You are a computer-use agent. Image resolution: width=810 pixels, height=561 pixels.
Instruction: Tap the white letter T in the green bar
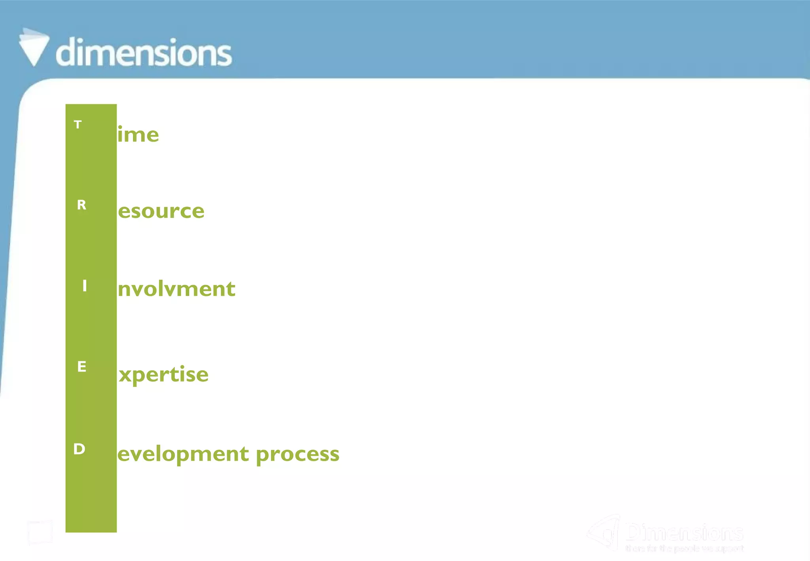[x=78, y=125]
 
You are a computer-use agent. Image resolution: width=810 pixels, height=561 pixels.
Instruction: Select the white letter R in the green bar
[x=81, y=205]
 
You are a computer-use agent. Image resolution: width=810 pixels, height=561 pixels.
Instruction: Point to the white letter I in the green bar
[x=84, y=285]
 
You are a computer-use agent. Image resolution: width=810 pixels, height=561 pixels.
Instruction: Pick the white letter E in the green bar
[x=81, y=367]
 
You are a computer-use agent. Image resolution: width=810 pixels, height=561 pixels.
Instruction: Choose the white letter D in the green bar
[x=79, y=449]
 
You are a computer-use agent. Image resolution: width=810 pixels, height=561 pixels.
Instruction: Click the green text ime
[x=138, y=135]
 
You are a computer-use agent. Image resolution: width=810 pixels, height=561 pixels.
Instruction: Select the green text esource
[x=161, y=211]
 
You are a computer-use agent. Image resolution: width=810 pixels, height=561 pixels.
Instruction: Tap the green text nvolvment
[x=176, y=289]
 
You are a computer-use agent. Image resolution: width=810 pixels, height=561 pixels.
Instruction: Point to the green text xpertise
[x=163, y=374]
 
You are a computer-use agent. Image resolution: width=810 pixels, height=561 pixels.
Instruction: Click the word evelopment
[x=183, y=454]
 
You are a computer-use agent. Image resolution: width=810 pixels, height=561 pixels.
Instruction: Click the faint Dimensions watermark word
[x=684, y=533]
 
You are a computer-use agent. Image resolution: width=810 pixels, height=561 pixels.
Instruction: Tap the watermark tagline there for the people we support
[x=684, y=548]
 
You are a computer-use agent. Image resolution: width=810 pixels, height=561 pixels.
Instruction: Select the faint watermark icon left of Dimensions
[x=603, y=532]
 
